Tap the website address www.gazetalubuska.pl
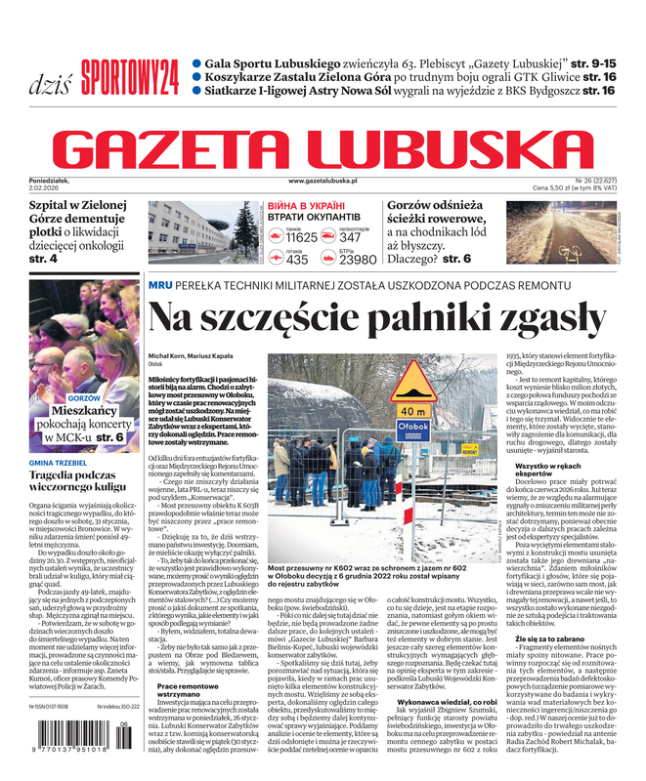pyautogui.click(x=323, y=182)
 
